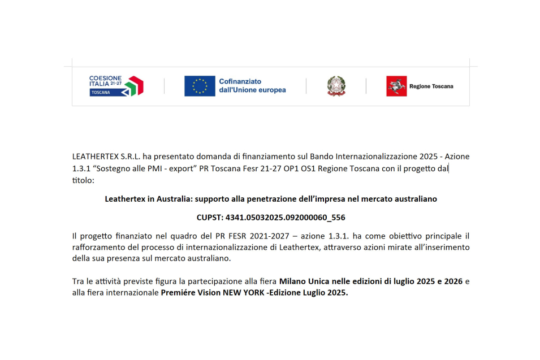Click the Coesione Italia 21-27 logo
116,85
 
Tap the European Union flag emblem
200,86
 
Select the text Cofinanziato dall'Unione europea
252,86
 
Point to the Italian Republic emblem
336,86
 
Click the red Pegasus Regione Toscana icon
396,86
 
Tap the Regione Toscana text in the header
431,86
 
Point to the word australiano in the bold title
415,199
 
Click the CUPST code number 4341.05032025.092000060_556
285,217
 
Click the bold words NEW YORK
252,293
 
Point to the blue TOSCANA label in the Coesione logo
101,92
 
